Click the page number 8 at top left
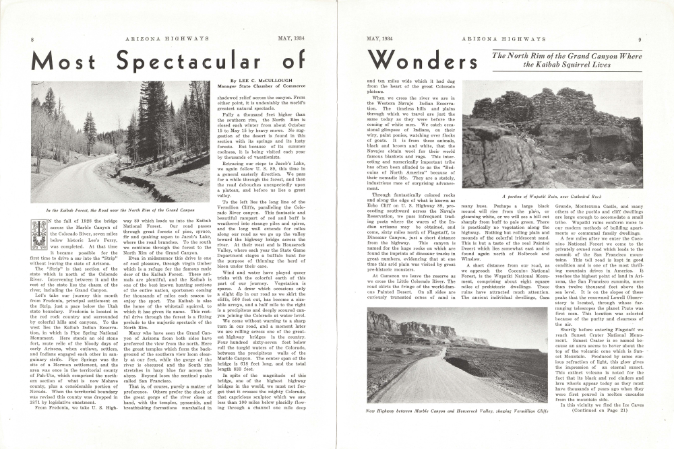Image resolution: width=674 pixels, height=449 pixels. (33, 40)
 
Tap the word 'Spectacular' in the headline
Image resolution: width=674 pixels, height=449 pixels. (185, 62)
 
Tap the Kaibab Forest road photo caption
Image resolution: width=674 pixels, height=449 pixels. (121, 211)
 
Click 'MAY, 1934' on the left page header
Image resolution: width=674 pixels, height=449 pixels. (292, 40)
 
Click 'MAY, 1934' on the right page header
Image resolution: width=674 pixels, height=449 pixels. (379, 40)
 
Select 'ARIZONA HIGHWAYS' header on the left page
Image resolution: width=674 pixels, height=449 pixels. (162, 40)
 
